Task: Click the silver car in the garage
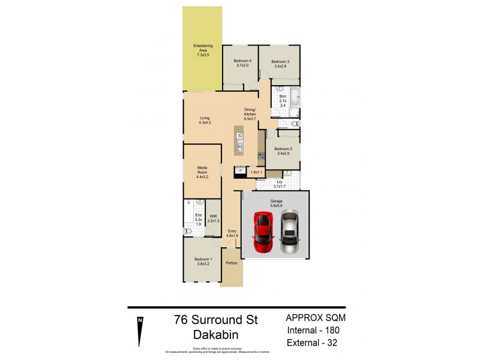pyautogui.click(x=289, y=232)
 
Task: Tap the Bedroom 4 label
pyautogui.click(x=242, y=63)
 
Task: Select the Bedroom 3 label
pyautogui.click(x=280, y=64)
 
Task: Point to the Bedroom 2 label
pyautogui.click(x=283, y=151)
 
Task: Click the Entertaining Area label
pyautogui.click(x=202, y=50)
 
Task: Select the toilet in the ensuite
pyautogui.click(x=188, y=230)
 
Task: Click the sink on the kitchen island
pyautogui.click(x=239, y=146)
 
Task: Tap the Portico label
pyautogui.click(x=232, y=263)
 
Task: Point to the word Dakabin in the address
pyautogui.click(x=215, y=335)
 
